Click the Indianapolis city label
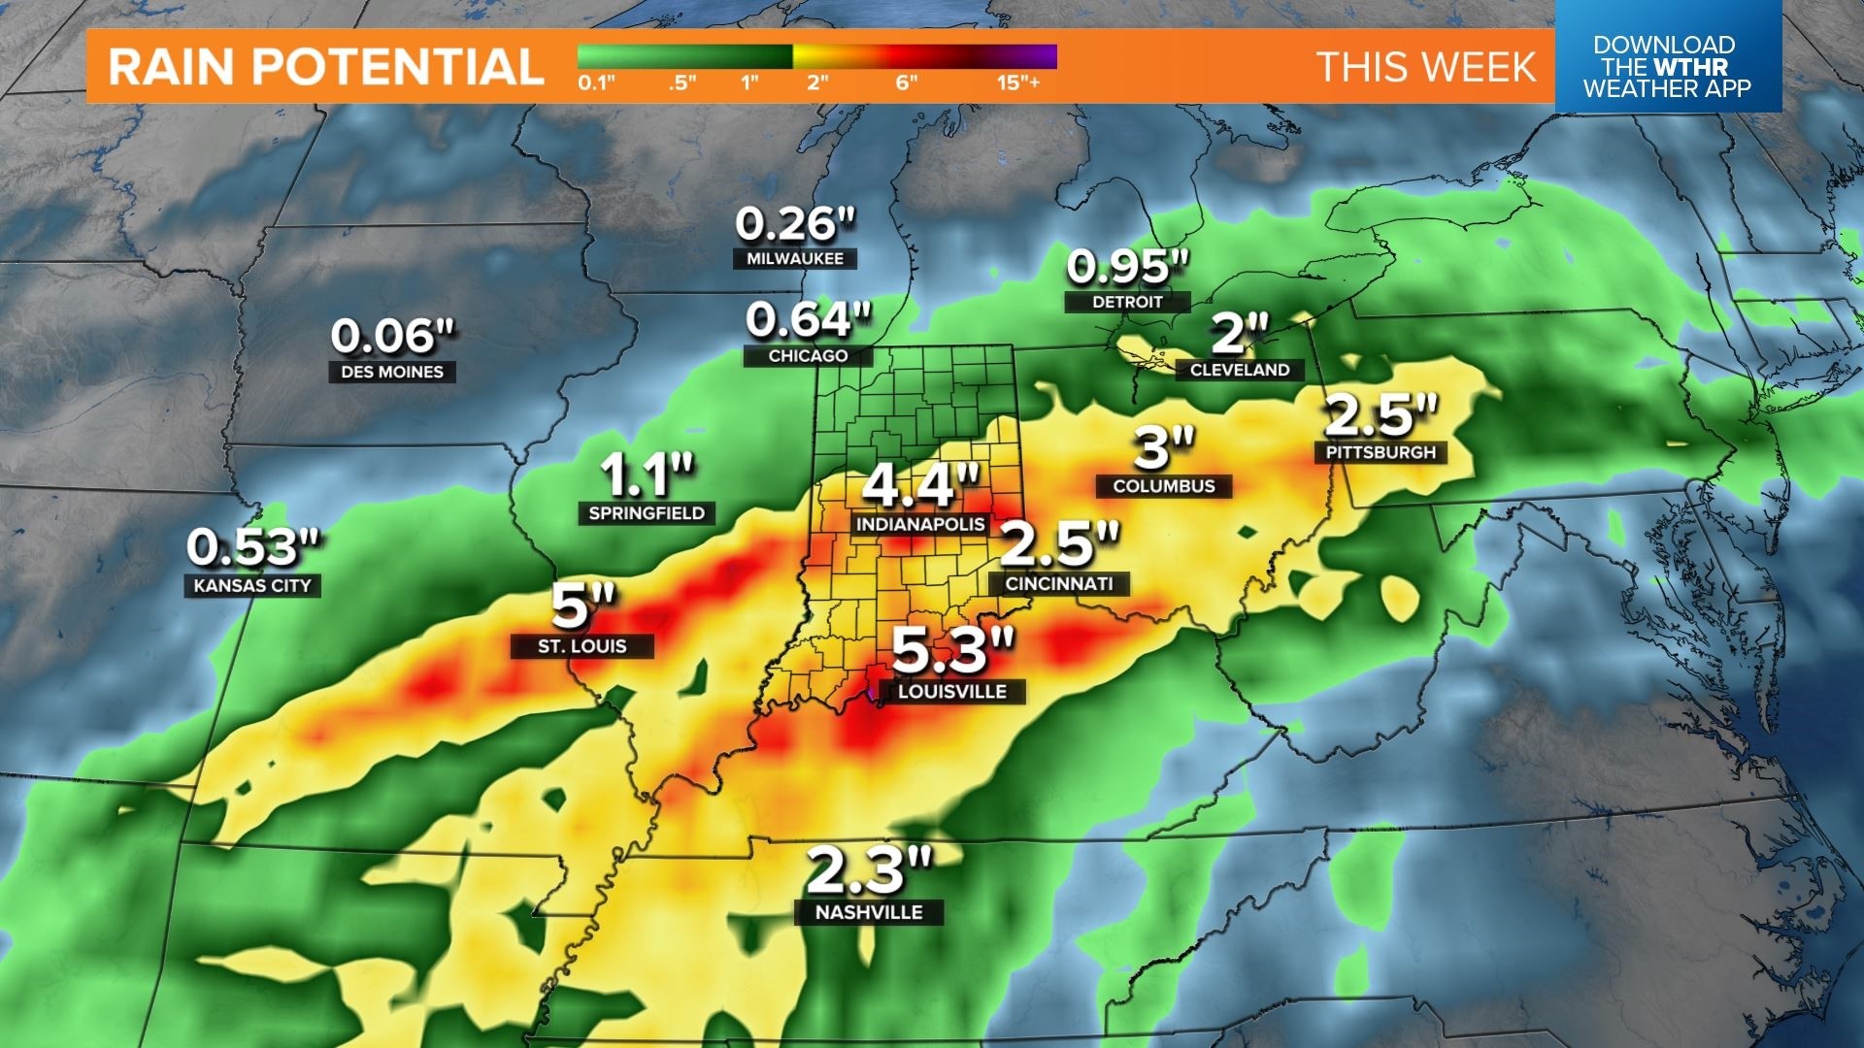tap(919, 524)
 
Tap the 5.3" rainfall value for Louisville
tap(952, 650)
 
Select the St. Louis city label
tap(582, 646)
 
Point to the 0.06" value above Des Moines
tap(392, 337)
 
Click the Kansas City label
tap(252, 585)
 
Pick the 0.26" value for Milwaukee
tap(795, 224)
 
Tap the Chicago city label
tap(808, 356)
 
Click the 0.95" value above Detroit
tap(1127, 267)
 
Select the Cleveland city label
tap(1240, 370)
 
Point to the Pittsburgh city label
tap(1381, 452)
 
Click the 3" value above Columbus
tap(1164, 447)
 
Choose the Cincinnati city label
tap(1059, 583)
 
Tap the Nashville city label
tap(869, 912)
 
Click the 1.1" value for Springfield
tap(648, 475)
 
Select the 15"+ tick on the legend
tap(1017, 82)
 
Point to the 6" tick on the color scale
tap(906, 82)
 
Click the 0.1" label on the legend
tap(596, 82)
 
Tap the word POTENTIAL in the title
tap(398, 67)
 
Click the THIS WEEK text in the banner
tap(1426, 67)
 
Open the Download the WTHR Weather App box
tap(1667, 66)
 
